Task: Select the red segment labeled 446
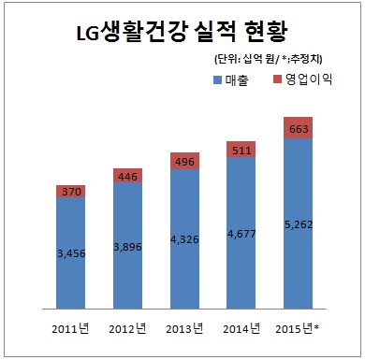127,175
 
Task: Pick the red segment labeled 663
299,128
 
